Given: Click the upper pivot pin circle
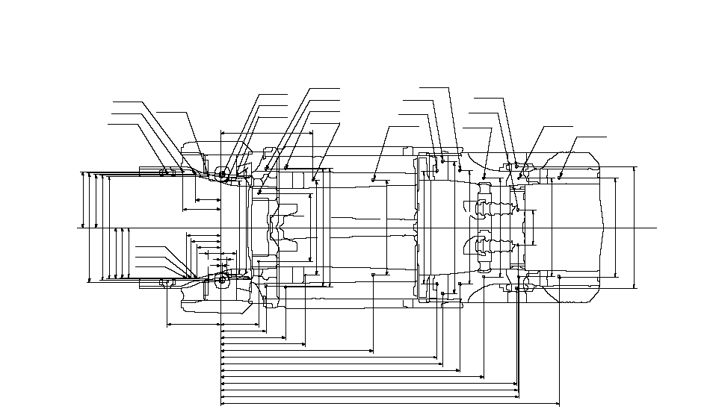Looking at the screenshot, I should pyautogui.click(x=222, y=175).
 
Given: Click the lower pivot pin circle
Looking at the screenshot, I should pyautogui.click(x=221, y=280).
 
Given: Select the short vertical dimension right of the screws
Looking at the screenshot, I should pyautogui.click(x=535, y=227).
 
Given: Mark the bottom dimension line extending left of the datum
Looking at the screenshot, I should pyautogui.click(x=194, y=325).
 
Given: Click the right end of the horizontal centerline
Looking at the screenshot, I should pyautogui.click(x=656, y=227).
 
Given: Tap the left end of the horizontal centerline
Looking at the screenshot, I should pyautogui.click(x=78, y=227).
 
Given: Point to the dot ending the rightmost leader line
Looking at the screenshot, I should pyautogui.click(x=561, y=178).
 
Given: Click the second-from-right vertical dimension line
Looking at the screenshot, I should pyautogui.click(x=616, y=227).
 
